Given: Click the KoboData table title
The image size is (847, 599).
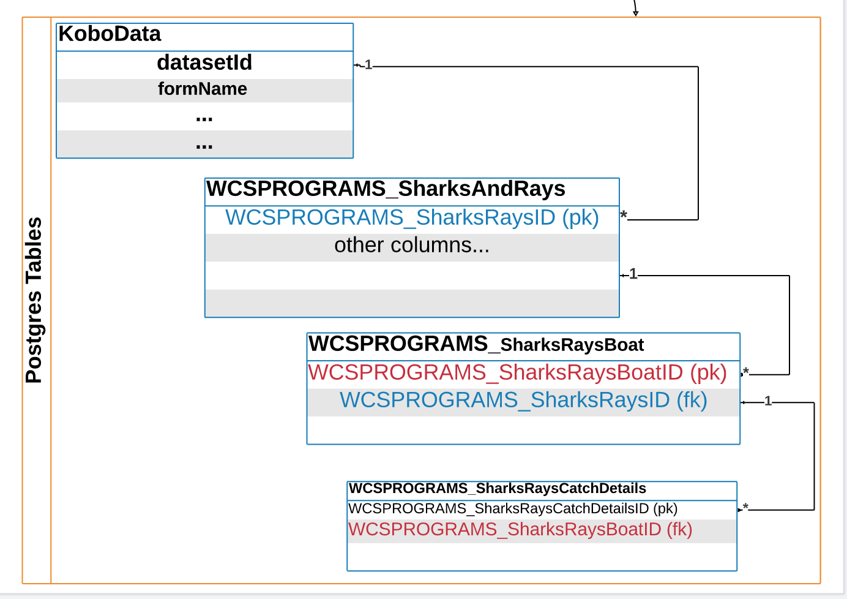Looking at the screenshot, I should point(110,34).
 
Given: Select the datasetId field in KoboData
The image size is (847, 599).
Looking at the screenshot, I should point(204,62).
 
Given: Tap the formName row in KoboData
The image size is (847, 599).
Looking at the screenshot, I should point(203,89).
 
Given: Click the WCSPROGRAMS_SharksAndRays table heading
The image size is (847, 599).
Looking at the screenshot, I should point(386,189).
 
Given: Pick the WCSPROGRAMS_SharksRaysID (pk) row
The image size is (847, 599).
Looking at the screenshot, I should point(412,218).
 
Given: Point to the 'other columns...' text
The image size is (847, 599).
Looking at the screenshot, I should point(412,246).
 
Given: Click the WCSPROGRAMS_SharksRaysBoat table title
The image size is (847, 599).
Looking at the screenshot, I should point(476,345).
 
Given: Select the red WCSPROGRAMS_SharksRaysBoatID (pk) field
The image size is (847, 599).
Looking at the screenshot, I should point(517,373).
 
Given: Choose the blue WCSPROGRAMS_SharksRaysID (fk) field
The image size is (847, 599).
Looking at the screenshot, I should point(523,401).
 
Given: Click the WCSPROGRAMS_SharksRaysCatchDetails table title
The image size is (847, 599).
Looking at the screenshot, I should point(497,489).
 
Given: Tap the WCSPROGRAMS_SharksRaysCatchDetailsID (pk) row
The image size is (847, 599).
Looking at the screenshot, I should point(512,509).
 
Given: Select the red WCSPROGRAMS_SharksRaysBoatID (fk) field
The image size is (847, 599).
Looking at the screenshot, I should point(520,530).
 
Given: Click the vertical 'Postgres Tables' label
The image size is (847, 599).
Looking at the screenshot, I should point(34,300).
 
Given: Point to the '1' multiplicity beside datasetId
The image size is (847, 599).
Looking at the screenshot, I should point(368,65).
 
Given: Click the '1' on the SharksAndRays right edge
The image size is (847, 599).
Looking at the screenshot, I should point(633,274).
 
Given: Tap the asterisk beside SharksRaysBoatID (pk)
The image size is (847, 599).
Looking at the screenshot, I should point(746,372).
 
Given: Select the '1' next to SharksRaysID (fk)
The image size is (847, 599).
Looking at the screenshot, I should point(768,401).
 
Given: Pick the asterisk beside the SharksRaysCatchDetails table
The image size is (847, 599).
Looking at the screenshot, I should point(745,507).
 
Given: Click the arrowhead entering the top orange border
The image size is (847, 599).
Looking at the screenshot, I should point(636,13).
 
